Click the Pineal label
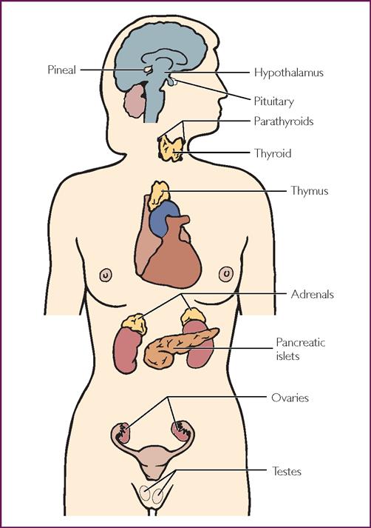coord(62,70)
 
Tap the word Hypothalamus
coord(288,73)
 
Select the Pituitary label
coord(273,101)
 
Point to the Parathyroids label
coord(284,121)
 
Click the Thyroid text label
coord(273,153)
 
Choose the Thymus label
coord(310,190)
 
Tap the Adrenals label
coord(312,294)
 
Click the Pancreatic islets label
coord(301,350)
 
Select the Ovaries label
coord(290,398)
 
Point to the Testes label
coord(286,471)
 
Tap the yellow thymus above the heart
coord(158,196)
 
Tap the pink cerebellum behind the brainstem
coord(135,101)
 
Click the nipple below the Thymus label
coord(226,274)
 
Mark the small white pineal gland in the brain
coord(148,70)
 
